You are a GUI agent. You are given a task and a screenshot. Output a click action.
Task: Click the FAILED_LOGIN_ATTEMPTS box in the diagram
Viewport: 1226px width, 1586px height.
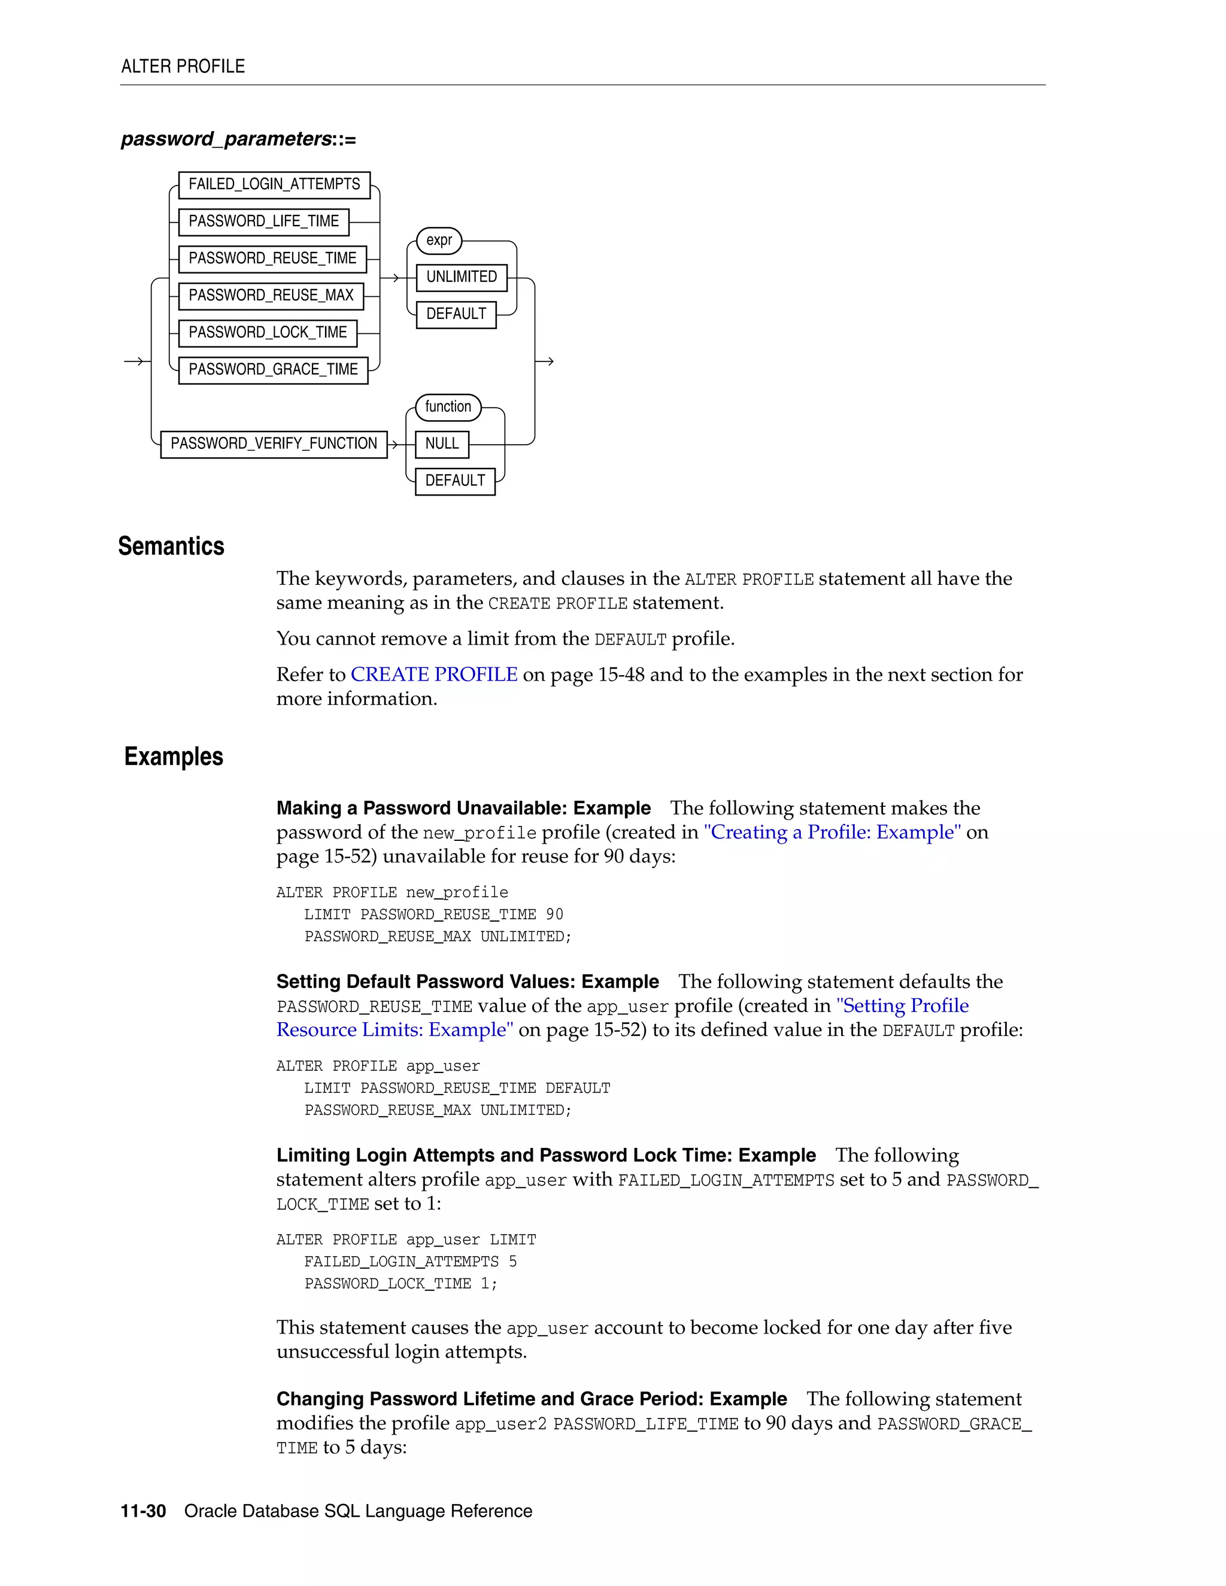(274, 184)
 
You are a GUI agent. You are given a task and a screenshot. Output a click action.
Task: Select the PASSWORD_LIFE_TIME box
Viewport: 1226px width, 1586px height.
(263, 221)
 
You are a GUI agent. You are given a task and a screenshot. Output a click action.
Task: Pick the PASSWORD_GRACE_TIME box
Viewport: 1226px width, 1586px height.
(273, 370)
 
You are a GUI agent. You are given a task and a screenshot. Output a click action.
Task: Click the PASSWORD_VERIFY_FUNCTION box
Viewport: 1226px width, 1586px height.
(273, 443)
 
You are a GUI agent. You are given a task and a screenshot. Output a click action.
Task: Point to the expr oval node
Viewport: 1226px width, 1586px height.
(439, 241)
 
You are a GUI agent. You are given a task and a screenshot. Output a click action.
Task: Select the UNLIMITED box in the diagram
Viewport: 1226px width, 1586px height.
(461, 278)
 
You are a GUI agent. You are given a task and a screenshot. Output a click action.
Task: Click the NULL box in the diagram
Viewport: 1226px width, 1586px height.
(442, 443)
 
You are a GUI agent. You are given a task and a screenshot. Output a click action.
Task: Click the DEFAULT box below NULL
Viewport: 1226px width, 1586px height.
(455, 481)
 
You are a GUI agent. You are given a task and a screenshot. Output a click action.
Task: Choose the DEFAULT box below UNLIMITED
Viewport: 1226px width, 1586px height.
(456, 314)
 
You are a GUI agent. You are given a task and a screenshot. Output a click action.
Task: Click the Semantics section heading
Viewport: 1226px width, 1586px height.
(171, 546)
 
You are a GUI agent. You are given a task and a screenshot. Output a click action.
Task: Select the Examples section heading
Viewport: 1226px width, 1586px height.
(174, 756)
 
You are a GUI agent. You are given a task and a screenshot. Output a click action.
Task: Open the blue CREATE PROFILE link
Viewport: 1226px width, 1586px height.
(433, 674)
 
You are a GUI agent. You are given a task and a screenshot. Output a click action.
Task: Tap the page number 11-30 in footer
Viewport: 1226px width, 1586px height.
(143, 1511)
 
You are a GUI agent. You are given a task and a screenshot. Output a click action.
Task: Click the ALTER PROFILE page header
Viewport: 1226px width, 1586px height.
(183, 67)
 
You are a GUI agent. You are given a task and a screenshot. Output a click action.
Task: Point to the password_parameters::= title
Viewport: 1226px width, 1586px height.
(238, 139)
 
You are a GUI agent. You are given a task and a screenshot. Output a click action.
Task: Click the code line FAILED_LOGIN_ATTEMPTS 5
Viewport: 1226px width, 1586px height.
(410, 1262)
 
